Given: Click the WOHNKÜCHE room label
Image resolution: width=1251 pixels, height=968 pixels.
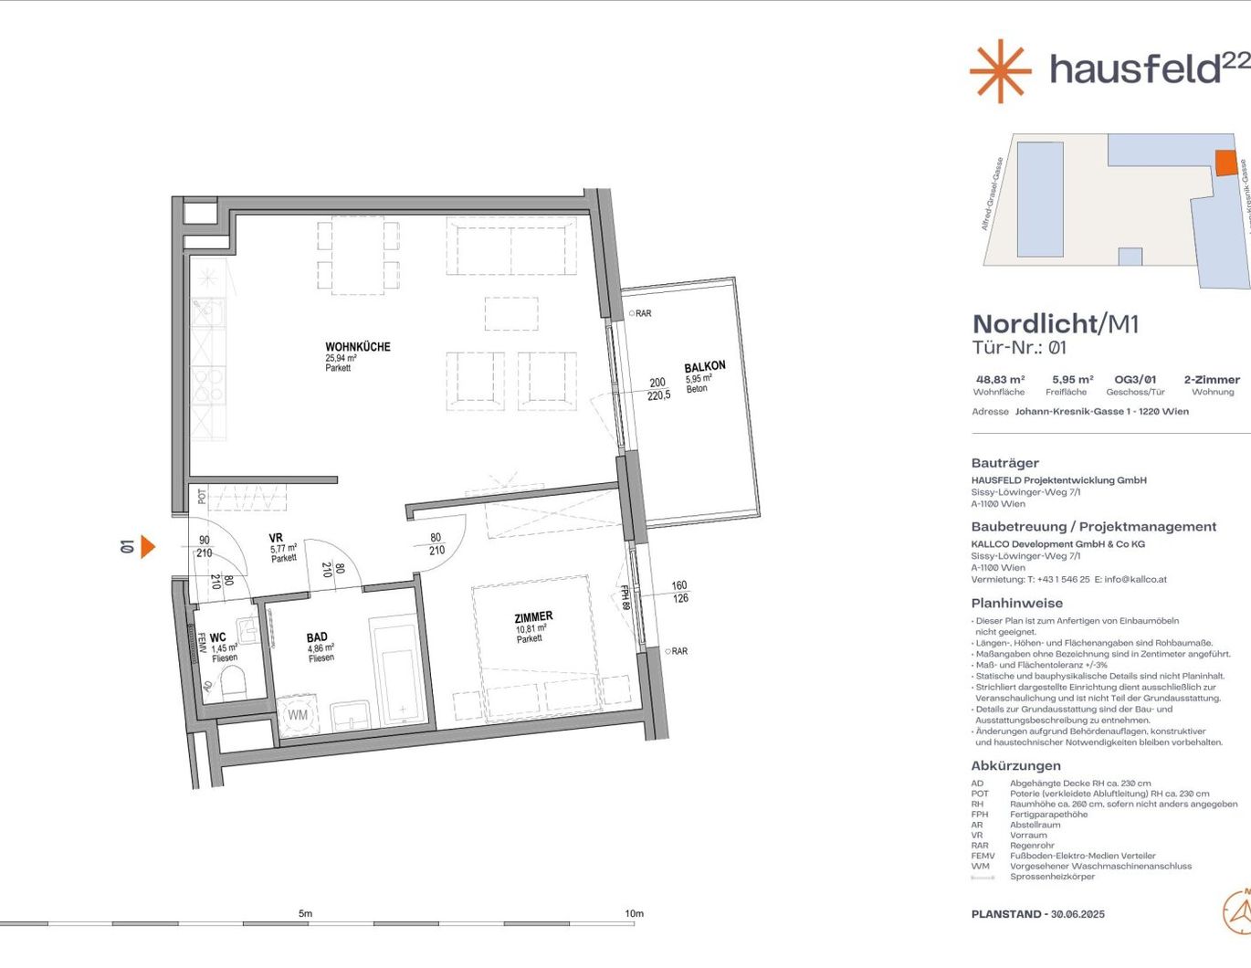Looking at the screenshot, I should pyautogui.click(x=358, y=347).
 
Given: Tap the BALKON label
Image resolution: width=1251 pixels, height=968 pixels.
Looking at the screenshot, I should pyautogui.click(x=705, y=366).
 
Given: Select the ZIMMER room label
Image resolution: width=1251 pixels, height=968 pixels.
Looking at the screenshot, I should pyautogui.click(x=533, y=617).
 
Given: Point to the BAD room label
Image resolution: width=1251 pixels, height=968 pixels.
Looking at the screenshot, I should pyautogui.click(x=317, y=637).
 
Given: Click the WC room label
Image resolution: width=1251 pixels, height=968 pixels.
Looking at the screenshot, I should pyautogui.click(x=217, y=637).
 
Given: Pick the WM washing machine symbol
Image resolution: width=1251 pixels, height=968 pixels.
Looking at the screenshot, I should pyautogui.click(x=298, y=715).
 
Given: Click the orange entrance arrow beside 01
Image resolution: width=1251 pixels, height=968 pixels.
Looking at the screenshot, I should pyautogui.click(x=147, y=546).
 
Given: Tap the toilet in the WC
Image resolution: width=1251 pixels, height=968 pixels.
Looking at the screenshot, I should pyautogui.click(x=233, y=682).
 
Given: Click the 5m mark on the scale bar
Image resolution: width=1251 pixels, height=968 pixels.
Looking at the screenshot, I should pyautogui.click(x=305, y=913).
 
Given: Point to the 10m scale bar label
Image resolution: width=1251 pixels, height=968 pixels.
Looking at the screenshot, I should pyautogui.click(x=634, y=913).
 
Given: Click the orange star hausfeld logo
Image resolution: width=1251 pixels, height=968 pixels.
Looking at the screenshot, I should pyautogui.click(x=1000, y=70).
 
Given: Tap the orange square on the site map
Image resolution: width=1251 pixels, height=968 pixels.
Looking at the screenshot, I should pyautogui.click(x=1225, y=163).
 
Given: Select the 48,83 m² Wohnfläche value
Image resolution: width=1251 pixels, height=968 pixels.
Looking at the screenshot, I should pyautogui.click(x=1000, y=380).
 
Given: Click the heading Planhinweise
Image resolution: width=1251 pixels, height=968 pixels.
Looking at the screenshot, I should pyautogui.click(x=1016, y=603).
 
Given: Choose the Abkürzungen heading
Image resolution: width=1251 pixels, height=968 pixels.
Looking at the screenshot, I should pyautogui.click(x=1015, y=766).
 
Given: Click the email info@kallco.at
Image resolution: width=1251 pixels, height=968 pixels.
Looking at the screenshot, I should pyautogui.click(x=1136, y=579).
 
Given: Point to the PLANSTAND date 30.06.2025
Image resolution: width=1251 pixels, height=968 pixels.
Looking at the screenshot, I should pyautogui.click(x=1078, y=914).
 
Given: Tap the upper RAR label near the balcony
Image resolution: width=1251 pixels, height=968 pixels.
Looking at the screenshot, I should pyautogui.click(x=643, y=313).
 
